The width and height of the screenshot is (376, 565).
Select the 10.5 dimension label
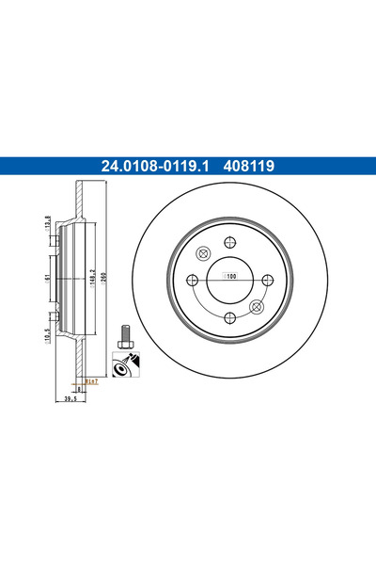coord(48,334)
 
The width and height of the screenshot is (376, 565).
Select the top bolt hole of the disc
coord(228,243)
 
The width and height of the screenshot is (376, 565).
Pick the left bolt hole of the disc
coord(193,279)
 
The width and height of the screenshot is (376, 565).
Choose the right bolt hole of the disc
coord(265,279)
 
